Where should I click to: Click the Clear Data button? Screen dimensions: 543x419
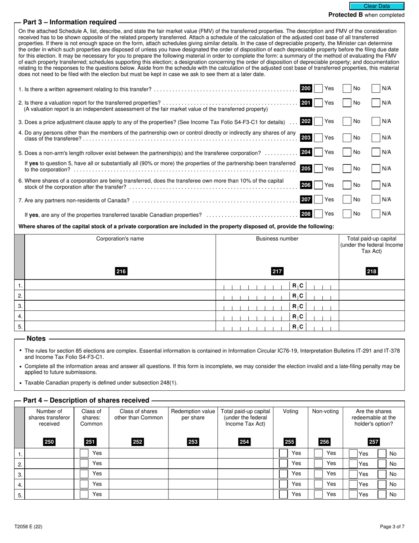pyautogui.click(x=377, y=6)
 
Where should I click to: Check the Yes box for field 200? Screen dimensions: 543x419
pyautogui.click(x=318, y=89)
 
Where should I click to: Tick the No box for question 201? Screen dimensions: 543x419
pyautogui.click(x=347, y=103)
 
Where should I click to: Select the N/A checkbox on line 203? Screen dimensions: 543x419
pyautogui.click(x=376, y=138)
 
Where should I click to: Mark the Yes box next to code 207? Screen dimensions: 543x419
pyautogui.click(x=318, y=200)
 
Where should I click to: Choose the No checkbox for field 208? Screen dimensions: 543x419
pyautogui.click(x=347, y=214)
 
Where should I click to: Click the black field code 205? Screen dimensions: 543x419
pyautogui.click(x=306, y=169)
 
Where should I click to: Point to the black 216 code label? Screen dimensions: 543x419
pyautogui.click(x=121, y=271)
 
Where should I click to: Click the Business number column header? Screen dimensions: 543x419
pyautogui.click(x=277, y=239)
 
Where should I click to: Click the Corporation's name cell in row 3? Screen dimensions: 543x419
pyautogui.click(x=120, y=306)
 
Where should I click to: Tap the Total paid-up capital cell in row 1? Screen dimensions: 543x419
pyautogui.click(x=371, y=286)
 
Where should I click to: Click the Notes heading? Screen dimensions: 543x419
pyautogui.click(x=36, y=339)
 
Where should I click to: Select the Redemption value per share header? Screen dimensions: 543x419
pyautogui.click(x=193, y=414)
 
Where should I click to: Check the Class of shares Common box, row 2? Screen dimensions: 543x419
pyautogui.click(x=84, y=464)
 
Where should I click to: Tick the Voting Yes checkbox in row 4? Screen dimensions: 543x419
pyautogui.click(x=284, y=484)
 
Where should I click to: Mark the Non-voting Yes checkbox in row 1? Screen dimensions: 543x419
pyautogui.click(x=318, y=453)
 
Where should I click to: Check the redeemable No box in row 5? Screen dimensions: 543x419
pyautogui.click(x=382, y=495)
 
